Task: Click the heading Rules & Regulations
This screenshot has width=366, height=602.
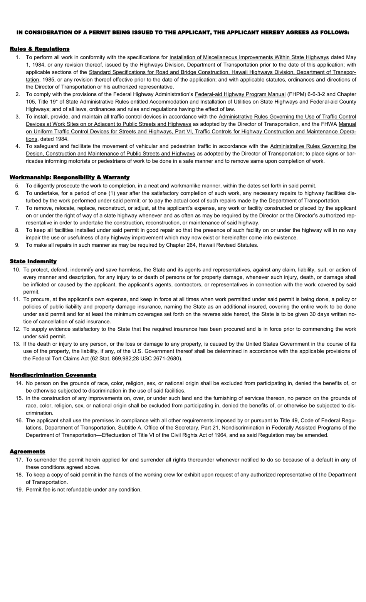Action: tap(39, 49)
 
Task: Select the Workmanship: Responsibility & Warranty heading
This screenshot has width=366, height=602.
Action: tap(69, 177)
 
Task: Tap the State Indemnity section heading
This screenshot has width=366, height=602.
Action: tap(33, 261)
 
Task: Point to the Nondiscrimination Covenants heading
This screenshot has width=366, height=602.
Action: tap(53, 375)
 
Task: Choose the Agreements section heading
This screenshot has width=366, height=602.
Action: tap(27, 451)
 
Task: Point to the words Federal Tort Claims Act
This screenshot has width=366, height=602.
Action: tap(64, 359)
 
